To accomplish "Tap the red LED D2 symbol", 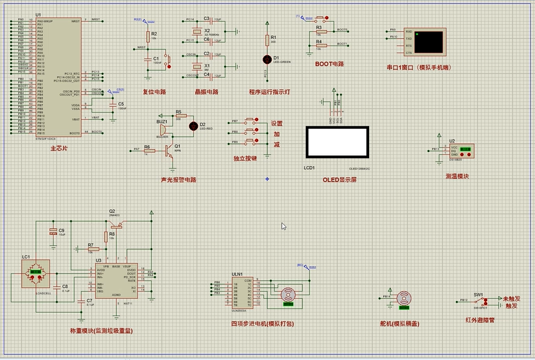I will coord(193,126).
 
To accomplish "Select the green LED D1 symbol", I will coord(267,59).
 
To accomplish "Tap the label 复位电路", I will coord(154,92).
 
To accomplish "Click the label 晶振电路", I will coord(206,92).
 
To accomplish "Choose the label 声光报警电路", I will coord(178,180).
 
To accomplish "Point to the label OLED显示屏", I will coord(340,180).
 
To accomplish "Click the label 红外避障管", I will coord(480,320).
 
